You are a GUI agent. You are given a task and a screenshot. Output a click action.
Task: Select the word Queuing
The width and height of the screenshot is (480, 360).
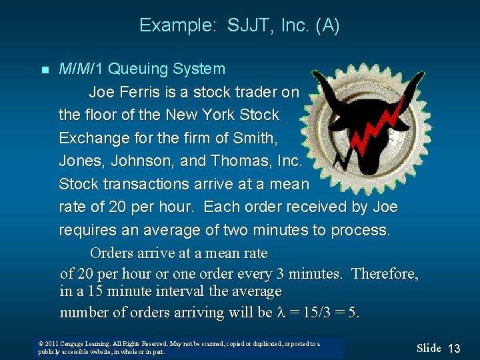pyautogui.click(x=138, y=69)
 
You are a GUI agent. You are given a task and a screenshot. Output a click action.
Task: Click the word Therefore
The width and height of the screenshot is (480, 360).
pyautogui.click(x=385, y=274)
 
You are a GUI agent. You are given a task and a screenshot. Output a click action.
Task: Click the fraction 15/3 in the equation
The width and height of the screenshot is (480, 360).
pyautogui.click(x=313, y=313)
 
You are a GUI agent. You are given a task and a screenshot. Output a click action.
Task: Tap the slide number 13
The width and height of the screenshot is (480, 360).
pyautogui.click(x=454, y=348)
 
